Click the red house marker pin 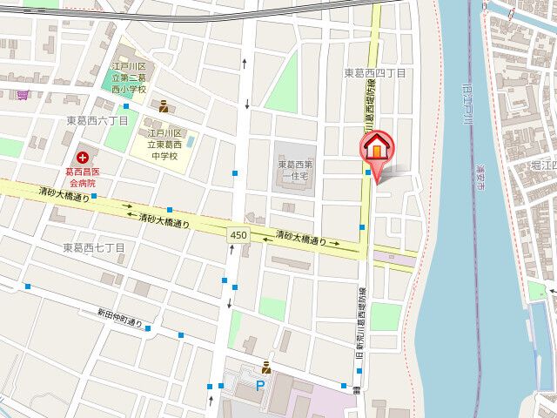(377, 147)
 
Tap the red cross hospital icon (83, 158)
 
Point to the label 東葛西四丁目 (374, 74)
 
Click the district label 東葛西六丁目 (97, 120)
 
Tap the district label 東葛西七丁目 (94, 248)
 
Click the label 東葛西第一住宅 (299, 171)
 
